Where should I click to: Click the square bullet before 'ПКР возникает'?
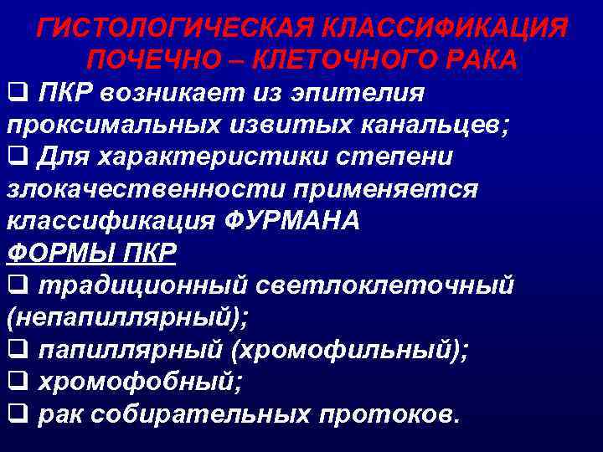point(16,93)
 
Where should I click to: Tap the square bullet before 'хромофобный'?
point(16,380)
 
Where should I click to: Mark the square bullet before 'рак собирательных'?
point(16,412)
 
